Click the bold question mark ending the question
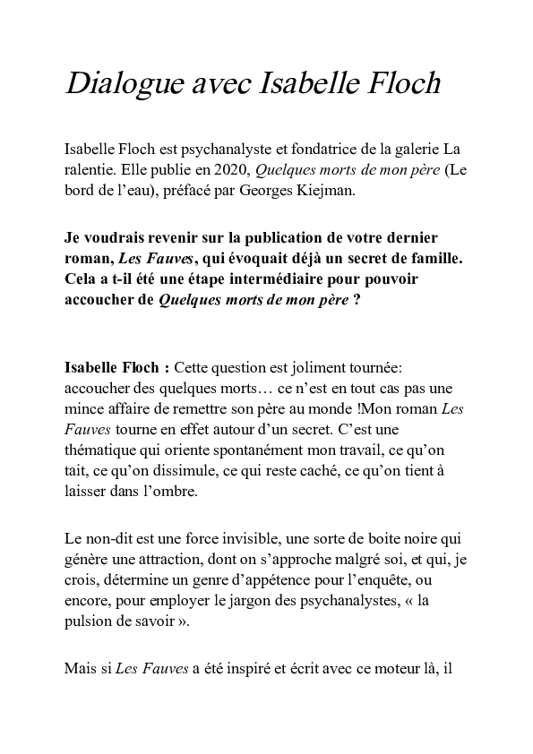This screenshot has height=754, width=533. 357,299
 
